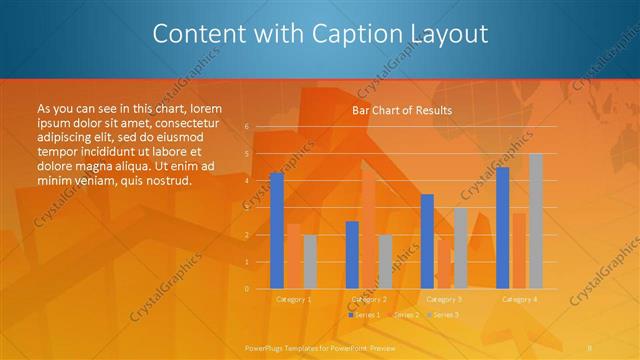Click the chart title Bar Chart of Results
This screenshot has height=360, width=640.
(402, 110)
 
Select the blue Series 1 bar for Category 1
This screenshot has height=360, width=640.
(277, 231)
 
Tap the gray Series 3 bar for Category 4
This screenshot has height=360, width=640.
(536, 221)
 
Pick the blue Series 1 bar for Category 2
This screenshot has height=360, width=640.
(352, 255)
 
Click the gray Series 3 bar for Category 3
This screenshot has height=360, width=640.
(461, 248)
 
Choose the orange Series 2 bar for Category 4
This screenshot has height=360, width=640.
(519, 251)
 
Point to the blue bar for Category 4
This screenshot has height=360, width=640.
(502, 228)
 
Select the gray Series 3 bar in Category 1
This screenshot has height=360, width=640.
(310, 262)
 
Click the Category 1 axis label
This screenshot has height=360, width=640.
(293, 299)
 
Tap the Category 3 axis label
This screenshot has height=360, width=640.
(444, 299)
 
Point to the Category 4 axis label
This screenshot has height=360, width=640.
(519, 299)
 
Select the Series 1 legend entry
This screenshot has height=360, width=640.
(363, 315)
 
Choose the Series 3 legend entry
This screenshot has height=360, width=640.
(443, 315)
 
